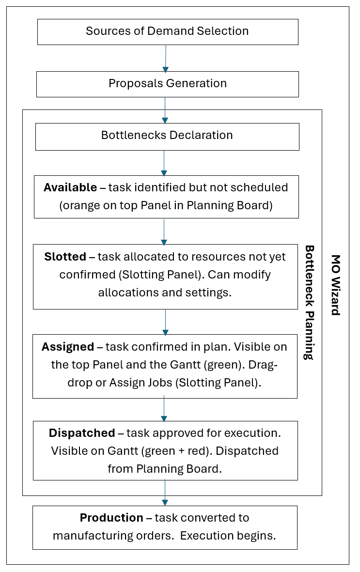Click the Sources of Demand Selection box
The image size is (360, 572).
(x=167, y=31)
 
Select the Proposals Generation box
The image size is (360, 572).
(x=167, y=84)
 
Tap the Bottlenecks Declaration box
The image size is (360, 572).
(x=167, y=136)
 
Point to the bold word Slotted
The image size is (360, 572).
(x=65, y=257)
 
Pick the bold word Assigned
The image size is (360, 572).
(x=68, y=347)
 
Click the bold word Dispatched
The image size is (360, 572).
(x=82, y=433)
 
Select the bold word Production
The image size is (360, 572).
(x=111, y=518)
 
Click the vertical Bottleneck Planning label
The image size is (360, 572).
(x=309, y=302)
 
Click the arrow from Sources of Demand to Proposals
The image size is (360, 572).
(x=165, y=58)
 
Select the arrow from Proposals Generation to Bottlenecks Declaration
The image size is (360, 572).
(x=165, y=110)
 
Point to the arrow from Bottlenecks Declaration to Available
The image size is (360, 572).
(x=164, y=163)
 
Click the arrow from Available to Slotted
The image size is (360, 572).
(x=164, y=232)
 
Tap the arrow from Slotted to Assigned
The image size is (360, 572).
(x=165, y=322)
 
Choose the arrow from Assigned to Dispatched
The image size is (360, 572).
(x=164, y=409)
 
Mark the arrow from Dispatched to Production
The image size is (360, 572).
(x=165, y=493)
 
